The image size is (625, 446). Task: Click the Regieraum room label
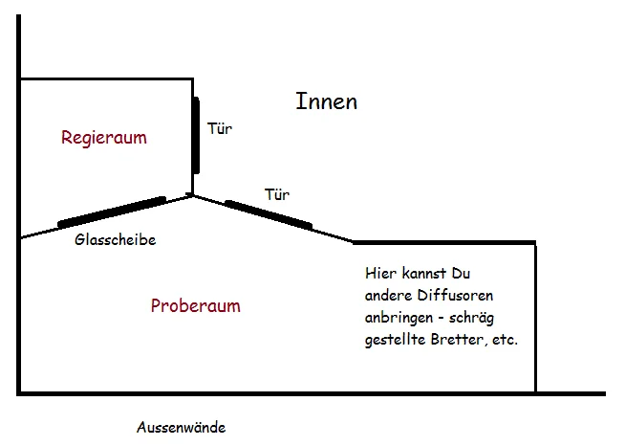(x=104, y=138)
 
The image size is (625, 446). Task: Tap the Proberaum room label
(x=196, y=306)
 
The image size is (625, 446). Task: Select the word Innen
(x=326, y=100)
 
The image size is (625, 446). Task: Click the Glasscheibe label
(x=115, y=240)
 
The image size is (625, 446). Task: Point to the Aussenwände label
(x=181, y=428)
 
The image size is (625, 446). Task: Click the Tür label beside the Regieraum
(x=220, y=126)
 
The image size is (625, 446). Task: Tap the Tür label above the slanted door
(x=276, y=194)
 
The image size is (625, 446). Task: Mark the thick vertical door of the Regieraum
(x=196, y=134)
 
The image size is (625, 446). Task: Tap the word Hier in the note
(x=379, y=272)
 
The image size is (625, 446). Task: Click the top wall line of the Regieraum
(x=105, y=78)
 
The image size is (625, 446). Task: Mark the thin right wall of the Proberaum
(x=535, y=316)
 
